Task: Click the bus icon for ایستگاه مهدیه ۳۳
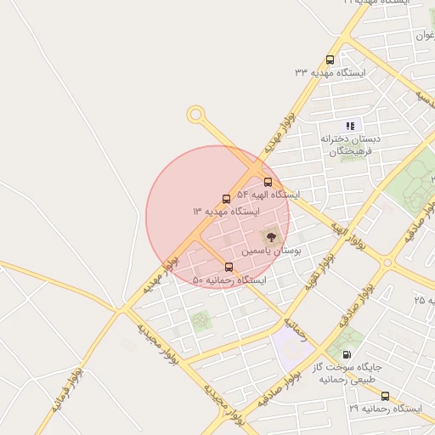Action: pos(330,59)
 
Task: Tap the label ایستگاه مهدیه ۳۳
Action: pos(330,73)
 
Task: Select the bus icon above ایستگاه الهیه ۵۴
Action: pos(268,182)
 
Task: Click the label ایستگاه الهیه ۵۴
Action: pos(268,195)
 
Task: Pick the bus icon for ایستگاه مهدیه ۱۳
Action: pos(226,198)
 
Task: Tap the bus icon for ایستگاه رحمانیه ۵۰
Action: pos(228,267)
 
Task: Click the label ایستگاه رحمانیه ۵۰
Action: pos(229,280)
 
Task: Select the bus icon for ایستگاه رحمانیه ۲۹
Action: pos(385,396)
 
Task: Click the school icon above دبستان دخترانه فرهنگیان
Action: pos(350,125)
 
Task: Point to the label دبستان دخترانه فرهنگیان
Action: pos(350,144)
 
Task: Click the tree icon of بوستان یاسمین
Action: pos(271,237)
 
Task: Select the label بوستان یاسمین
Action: pos(270,251)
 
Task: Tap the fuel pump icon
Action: pos(346,354)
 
